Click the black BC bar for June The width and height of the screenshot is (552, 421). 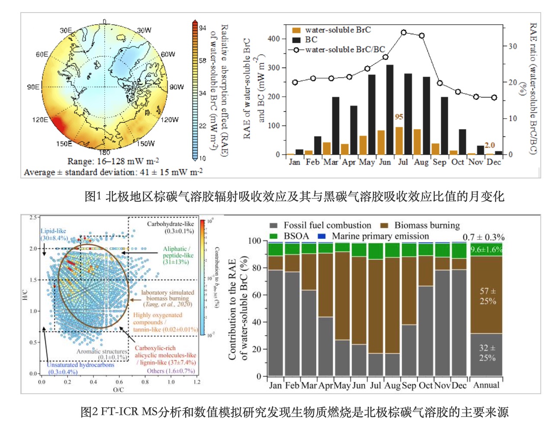(390, 110)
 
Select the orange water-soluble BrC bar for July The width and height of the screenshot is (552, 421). (399, 141)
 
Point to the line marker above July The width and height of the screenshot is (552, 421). (404, 32)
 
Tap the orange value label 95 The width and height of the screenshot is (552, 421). (399, 117)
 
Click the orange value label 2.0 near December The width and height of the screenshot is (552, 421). (489, 145)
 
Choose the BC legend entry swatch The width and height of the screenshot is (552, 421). (296, 40)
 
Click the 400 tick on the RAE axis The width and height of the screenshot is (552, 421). (274, 39)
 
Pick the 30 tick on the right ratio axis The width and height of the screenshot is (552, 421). (513, 46)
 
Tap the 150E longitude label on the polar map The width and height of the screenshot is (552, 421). (64, 143)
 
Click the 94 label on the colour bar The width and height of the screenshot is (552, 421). (202, 28)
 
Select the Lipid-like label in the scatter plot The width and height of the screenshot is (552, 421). (53, 231)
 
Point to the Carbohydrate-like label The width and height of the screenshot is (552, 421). (170, 224)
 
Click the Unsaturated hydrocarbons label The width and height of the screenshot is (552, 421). (80, 365)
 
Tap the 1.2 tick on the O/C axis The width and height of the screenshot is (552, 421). (197, 382)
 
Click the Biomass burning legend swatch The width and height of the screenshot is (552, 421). (384, 226)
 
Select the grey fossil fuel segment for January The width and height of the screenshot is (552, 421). (275, 323)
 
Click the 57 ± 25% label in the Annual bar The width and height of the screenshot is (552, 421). (488, 296)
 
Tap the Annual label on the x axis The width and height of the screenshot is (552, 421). (486, 385)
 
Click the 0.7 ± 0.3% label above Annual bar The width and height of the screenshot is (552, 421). (483, 237)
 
